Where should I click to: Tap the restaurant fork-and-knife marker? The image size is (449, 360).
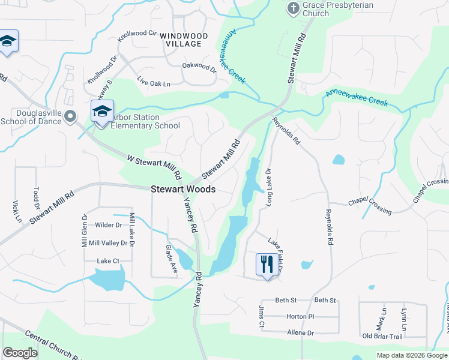coord(265,264)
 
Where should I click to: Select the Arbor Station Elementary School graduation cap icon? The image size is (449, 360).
coord(102,112)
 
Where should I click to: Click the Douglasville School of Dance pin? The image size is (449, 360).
coord(71,116)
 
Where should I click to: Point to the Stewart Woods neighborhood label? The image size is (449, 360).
coord(183,188)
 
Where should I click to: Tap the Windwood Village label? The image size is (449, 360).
coord(184,40)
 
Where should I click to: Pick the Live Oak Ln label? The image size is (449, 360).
coord(153,82)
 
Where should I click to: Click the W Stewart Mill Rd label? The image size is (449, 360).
coord(154,167)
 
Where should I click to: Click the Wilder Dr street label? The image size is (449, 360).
coord(108,225)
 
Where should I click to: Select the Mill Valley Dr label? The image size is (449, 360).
coord(108,243)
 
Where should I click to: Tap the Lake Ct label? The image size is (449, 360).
coord(108,261)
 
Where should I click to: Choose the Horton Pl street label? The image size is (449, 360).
coord(300,316)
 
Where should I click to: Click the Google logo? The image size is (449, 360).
coord(20,353)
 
